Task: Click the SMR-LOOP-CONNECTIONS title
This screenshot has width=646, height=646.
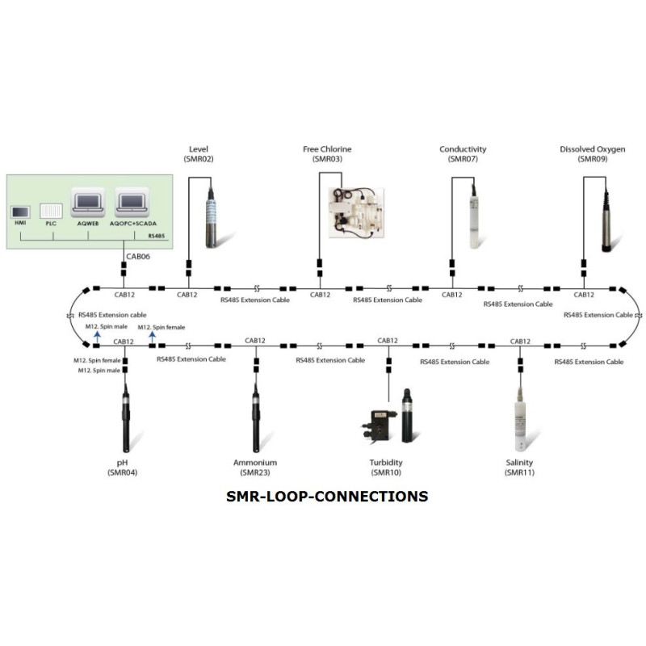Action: point(326,496)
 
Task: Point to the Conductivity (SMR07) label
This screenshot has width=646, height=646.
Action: point(463,154)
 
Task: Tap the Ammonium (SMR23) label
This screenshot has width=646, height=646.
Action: point(254,468)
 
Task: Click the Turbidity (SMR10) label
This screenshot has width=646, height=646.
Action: point(385,468)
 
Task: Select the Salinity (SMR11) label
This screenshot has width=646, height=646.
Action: point(518,468)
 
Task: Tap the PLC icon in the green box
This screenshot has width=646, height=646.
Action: point(51,212)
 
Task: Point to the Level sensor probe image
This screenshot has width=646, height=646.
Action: point(213,214)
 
